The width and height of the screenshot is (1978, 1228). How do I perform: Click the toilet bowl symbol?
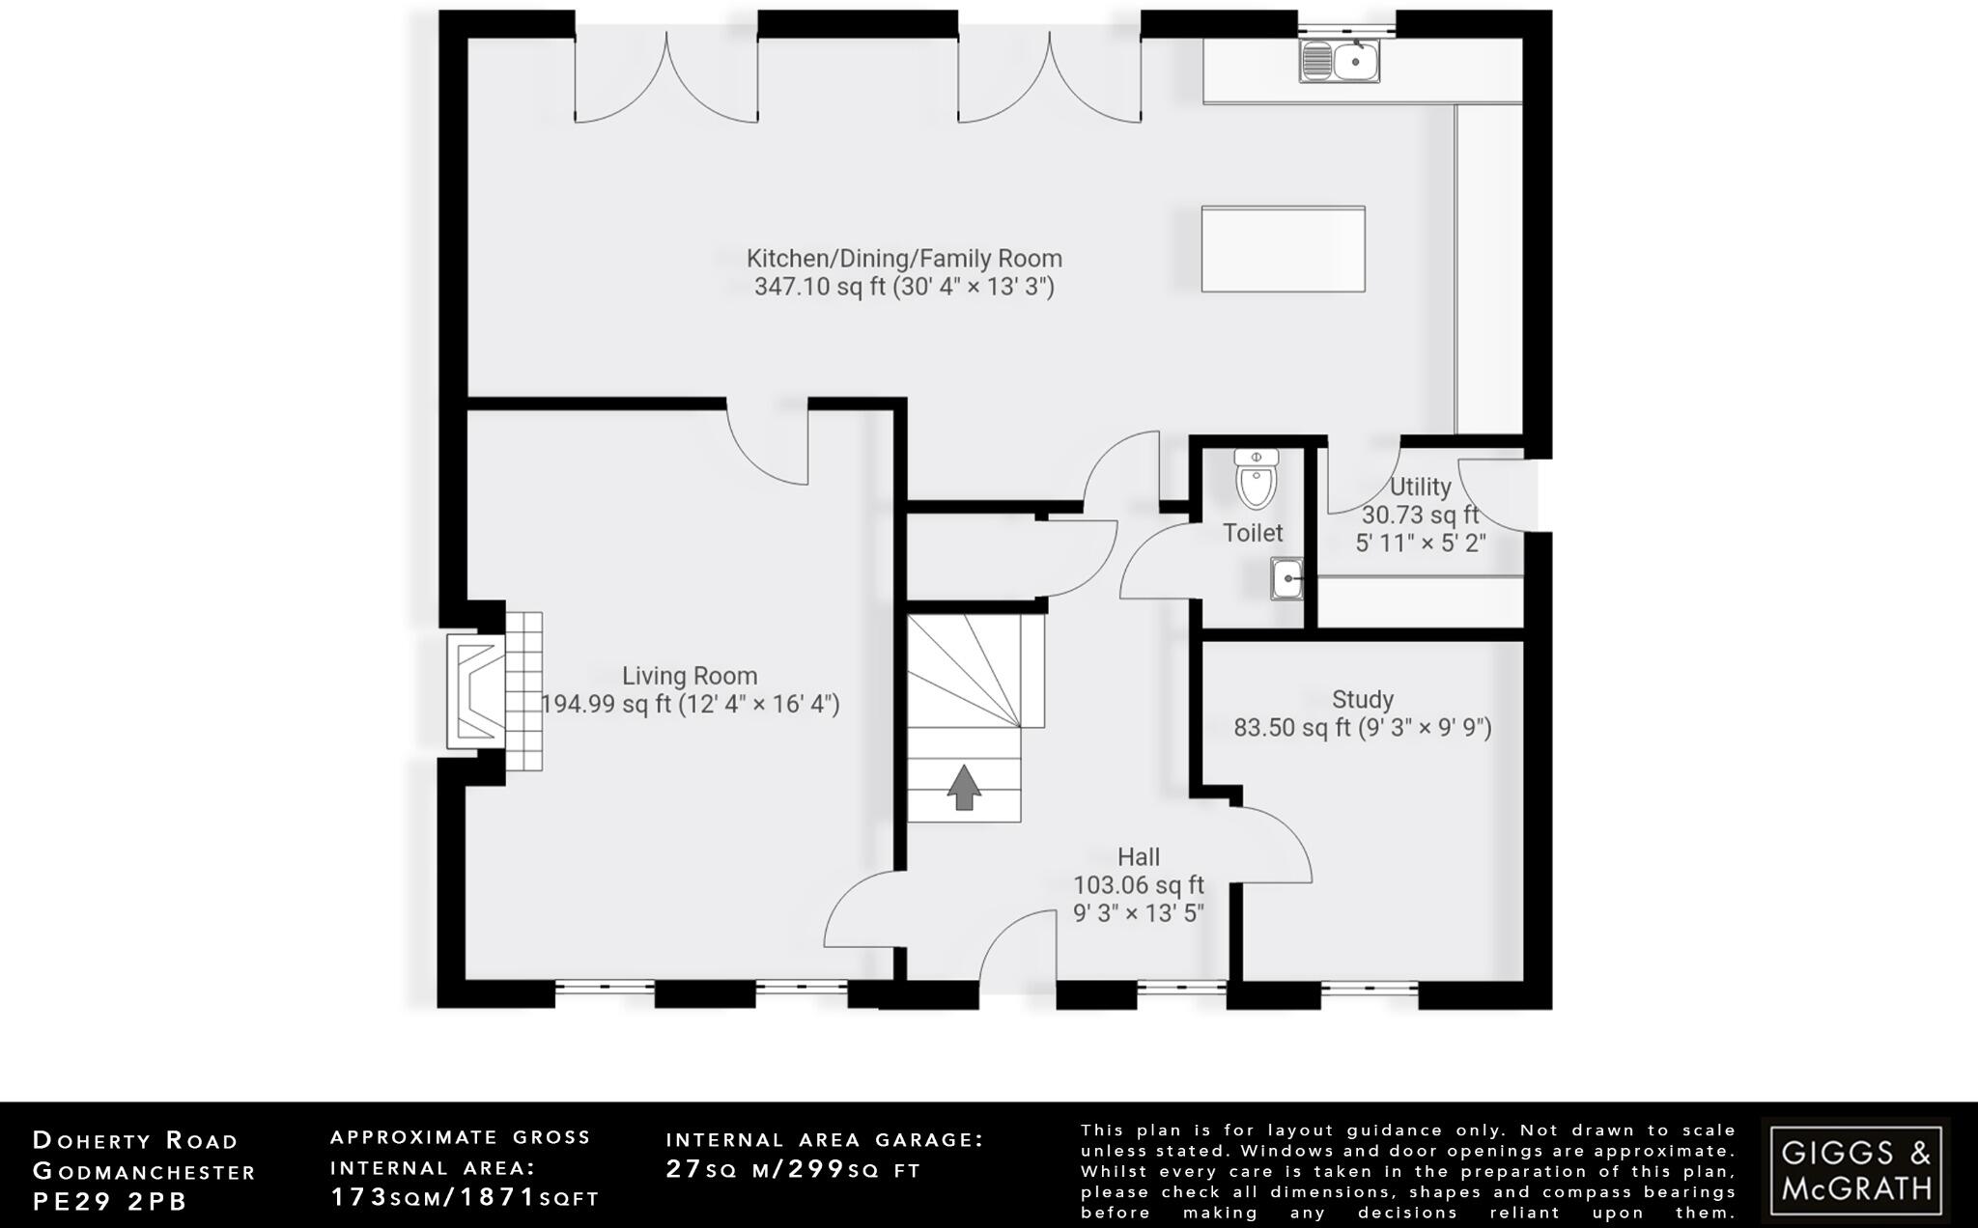(1256, 479)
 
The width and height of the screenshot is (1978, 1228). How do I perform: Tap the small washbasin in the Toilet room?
(1286, 579)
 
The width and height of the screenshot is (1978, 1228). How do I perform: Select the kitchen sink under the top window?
(1342, 62)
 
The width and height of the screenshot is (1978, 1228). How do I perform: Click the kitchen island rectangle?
(1283, 248)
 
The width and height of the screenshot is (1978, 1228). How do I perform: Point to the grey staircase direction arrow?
(964, 787)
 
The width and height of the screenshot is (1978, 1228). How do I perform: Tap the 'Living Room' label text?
(690, 676)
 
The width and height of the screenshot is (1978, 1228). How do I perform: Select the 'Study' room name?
(1362, 699)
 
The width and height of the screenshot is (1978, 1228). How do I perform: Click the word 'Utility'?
(1420, 487)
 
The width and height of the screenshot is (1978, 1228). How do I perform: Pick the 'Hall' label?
(1139, 856)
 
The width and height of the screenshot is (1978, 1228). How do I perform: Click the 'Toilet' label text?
(1253, 533)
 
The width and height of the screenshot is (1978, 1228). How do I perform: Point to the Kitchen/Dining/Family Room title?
(904, 259)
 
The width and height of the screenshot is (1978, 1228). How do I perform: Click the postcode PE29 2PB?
(110, 1201)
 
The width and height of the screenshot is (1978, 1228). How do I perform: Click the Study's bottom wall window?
(1369, 988)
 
